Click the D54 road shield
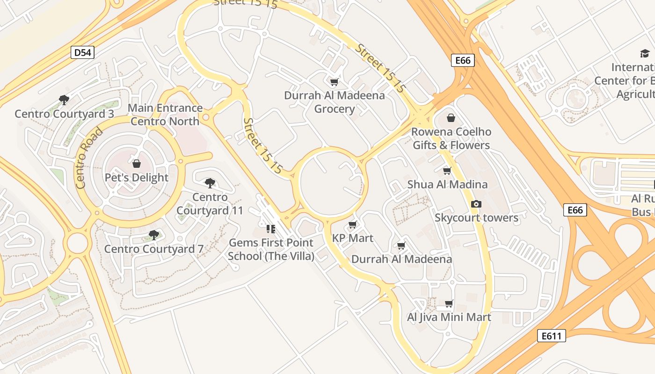[83, 52]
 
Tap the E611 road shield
[551, 336]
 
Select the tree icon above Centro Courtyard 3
[64, 100]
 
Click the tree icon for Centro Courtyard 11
[210, 183]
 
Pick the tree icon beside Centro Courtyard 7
[153, 235]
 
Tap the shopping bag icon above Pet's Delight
[137, 164]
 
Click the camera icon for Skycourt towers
[476, 204]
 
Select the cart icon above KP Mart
[353, 225]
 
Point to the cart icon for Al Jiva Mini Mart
[449, 304]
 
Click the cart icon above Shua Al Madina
[447, 171]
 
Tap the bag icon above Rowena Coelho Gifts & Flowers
[451, 118]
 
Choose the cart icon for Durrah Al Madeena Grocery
[334, 82]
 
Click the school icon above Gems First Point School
[270, 229]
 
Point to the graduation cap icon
[645, 53]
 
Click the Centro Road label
[89, 158]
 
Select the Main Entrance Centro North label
[165, 115]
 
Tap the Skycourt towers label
[476, 218]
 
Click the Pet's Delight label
[137, 178]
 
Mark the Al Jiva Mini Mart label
[449, 317]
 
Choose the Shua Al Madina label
[447, 184]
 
